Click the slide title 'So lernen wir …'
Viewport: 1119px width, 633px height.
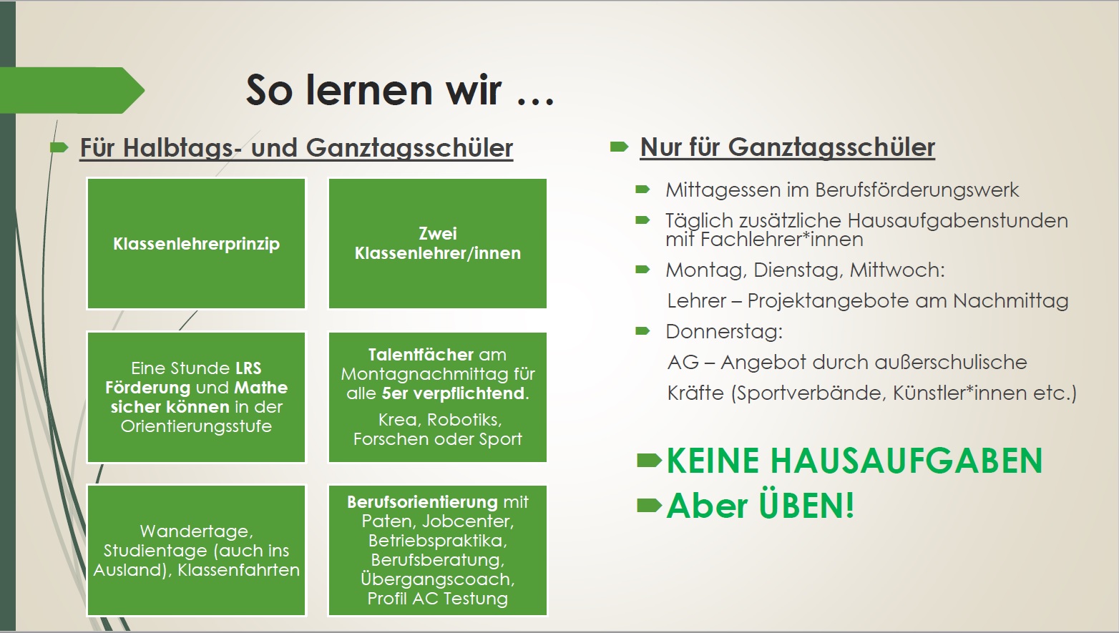(400, 90)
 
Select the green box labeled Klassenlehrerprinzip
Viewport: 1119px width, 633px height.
(196, 244)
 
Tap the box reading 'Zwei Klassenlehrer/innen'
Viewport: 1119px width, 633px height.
(438, 244)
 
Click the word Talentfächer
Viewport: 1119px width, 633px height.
(420, 355)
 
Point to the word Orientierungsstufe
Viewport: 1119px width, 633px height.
(196, 426)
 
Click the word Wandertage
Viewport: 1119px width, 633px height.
(196, 531)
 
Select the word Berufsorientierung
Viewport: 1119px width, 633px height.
(422, 501)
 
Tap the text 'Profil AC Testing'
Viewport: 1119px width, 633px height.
(438, 598)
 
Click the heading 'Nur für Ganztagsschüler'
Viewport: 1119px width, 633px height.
(787, 147)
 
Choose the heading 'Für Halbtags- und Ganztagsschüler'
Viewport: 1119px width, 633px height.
(296, 148)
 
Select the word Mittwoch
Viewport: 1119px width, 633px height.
(897, 270)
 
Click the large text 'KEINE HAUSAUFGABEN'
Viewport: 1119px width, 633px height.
(855, 461)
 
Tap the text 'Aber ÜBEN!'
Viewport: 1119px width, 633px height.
(761, 506)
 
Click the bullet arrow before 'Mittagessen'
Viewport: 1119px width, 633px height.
(642, 190)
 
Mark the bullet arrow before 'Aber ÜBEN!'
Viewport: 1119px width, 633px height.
(650, 506)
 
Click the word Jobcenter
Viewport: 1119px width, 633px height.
(468, 521)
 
